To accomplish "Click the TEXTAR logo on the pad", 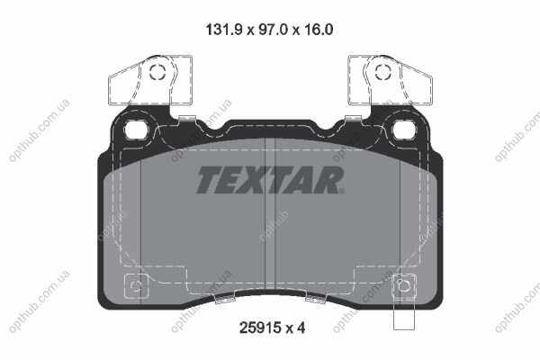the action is click(270, 180).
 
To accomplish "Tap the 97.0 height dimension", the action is click(273, 30).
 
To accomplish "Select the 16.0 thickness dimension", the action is click(319, 30).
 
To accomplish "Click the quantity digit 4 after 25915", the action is click(301, 328).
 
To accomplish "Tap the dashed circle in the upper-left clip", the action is click(157, 72).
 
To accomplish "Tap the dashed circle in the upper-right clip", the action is click(383, 72).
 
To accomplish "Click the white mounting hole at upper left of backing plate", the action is click(136, 130).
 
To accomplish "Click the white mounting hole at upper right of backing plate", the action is click(405, 130).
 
